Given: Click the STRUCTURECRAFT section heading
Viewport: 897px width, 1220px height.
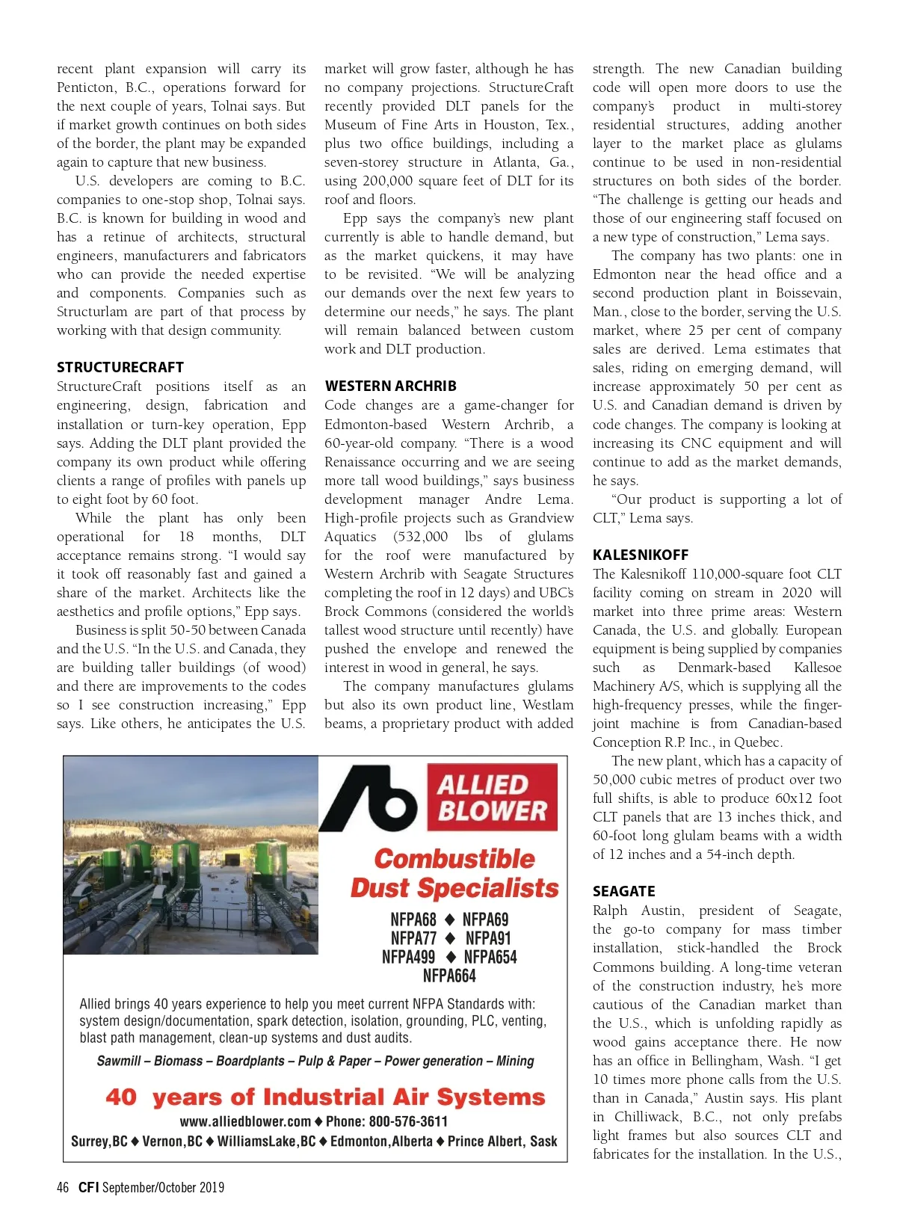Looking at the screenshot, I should pos(120,367).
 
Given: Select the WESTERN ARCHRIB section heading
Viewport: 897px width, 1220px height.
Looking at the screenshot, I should pos(390,386).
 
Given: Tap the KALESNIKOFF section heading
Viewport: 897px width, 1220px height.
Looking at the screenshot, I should pos(641,555).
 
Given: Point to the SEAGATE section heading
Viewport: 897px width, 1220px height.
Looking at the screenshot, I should pos(623,891).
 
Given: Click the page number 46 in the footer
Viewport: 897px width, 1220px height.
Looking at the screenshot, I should pos(63,1187).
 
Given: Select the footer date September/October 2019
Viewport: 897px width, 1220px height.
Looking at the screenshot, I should pos(163,1187).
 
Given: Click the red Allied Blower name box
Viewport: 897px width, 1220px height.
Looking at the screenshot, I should pos(492,798).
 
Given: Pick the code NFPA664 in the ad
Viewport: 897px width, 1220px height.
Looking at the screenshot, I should pos(449,976).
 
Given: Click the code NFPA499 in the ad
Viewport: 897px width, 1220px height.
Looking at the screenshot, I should pos(408,957).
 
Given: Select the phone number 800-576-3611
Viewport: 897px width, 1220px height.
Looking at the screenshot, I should pos(408,1121).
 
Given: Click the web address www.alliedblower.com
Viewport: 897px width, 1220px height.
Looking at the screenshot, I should pos(245,1121).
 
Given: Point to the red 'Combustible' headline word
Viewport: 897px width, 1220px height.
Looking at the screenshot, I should pos(454,858).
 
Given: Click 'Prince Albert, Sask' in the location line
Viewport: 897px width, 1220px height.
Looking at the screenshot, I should pos(502,1142).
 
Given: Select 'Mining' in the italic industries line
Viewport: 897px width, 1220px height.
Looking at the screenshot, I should pos(515,1061).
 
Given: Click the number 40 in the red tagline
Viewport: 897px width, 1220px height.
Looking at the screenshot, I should pos(121,1097).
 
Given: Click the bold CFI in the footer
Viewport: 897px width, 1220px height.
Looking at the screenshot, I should pos(88,1187).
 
